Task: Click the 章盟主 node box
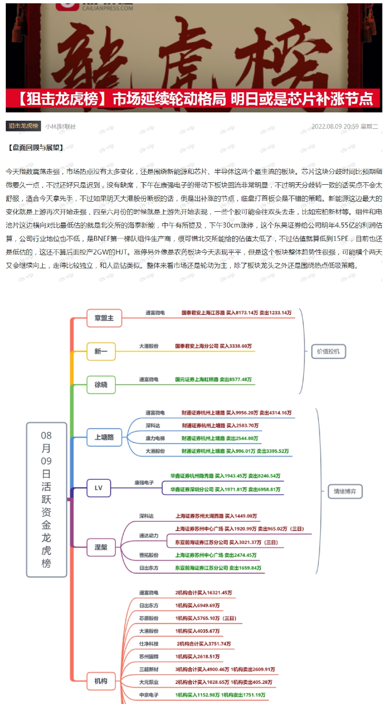click(104, 318)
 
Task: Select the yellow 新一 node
click(101, 351)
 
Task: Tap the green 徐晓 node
click(101, 385)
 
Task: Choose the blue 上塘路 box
click(104, 437)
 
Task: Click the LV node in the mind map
click(99, 488)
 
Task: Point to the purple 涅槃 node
click(101, 547)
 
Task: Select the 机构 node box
click(101, 681)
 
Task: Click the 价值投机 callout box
click(328, 352)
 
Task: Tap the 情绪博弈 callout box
click(345, 492)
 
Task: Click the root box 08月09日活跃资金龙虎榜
click(47, 500)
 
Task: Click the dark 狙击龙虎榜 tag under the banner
click(23, 126)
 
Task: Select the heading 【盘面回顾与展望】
click(36, 148)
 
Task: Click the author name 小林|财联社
click(61, 127)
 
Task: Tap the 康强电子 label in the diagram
click(144, 483)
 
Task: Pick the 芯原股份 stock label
click(149, 618)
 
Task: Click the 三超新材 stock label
click(149, 669)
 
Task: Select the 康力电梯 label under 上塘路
click(155, 438)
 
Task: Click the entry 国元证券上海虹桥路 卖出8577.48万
click(213, 380)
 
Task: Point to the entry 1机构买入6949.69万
click(197, 606)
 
